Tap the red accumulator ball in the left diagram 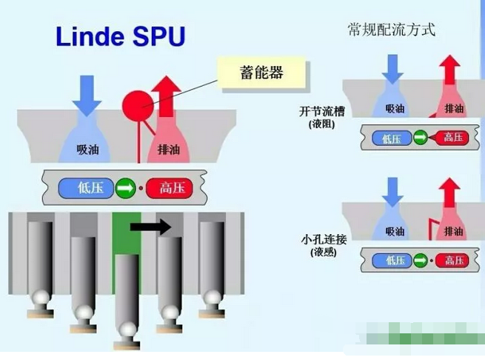pos(137,104)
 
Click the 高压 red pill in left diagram pos(170,188)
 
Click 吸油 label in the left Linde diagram pos(88,149)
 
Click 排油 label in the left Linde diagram pos(170,149)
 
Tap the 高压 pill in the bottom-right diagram pos(451,260)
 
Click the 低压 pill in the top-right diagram pos(391,136)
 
